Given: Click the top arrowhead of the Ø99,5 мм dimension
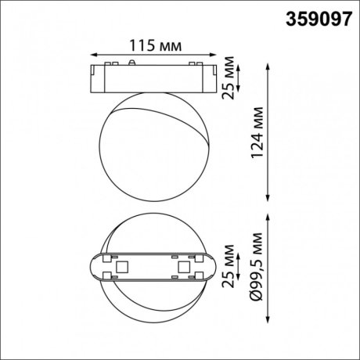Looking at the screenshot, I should [x=270, y=219].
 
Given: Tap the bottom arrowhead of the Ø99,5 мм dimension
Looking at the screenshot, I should [x=270, y=318].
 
